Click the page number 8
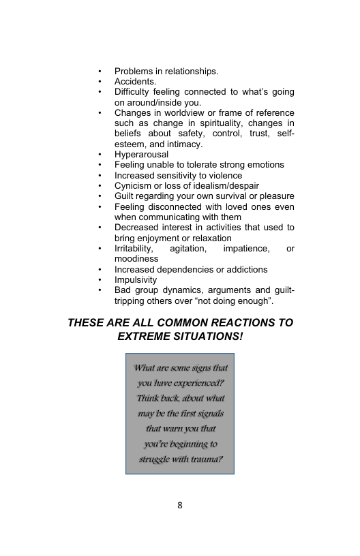(x=179, y=505)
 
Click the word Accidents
(x=135, y=82)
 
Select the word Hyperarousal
(x=141, y=155)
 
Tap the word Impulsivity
(x=135, y=279)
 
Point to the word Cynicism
(x=133, y=185)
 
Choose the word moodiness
(x=136, y=259)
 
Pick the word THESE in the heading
(x=87, y=322)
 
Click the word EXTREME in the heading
(x=145, y=337)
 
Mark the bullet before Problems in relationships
(x=100, y=72)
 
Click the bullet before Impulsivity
(x=100, y=280)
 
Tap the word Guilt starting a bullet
(x=125, y=196)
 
